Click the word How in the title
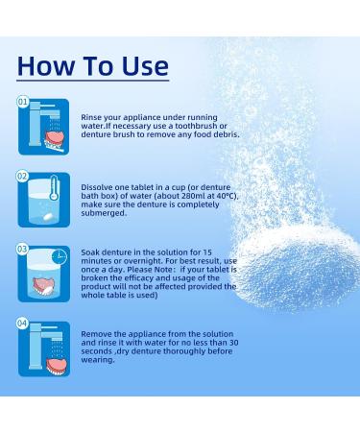(45, 66)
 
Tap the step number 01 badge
(23, 102)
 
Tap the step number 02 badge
(22, 176)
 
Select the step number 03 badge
(22, 250)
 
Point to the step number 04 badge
(22, 324)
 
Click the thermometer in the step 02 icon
(54, 188)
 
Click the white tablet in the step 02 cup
(47, 217)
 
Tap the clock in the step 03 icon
(60, 257)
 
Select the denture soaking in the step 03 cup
(43, 286)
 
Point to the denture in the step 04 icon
(57, 366)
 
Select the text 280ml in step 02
(182, 196)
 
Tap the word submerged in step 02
(102, 213)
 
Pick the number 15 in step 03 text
(207, 252)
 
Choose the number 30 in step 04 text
(233, 343)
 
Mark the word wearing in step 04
(96, 360)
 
